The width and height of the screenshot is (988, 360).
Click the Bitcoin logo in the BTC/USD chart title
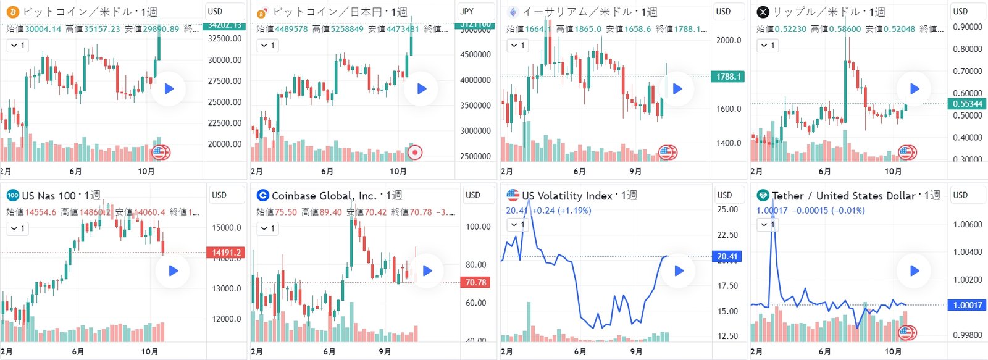coord(12,12)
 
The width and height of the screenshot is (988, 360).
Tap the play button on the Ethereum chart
coord(677,88)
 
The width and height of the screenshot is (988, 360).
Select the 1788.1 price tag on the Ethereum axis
coord(729,77)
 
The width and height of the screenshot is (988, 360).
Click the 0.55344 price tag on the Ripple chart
coord(967,104)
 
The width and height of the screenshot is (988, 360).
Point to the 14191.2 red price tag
coord(227,253)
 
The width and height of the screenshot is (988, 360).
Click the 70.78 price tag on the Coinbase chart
coord(476,282)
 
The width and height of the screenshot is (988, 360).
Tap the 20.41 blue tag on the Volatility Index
coord(727,256)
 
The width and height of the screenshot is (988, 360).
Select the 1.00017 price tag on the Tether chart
coord(967,305)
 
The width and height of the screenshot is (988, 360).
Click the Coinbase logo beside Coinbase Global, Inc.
coord(262,196)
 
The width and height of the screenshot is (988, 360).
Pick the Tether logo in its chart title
coord(763,196)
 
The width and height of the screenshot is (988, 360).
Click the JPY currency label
coord(467,11)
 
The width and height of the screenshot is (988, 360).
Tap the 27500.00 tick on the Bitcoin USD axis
coord(225,81)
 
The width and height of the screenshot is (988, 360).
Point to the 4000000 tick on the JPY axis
coord(475,80)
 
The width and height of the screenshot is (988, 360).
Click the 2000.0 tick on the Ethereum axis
coord(729,40)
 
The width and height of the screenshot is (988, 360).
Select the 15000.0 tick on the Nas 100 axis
coord(227,228)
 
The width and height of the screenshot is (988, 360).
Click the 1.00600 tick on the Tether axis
coord(967,225)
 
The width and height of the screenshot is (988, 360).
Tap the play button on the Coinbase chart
coord(427,270)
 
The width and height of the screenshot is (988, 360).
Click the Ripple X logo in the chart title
coord(763,12)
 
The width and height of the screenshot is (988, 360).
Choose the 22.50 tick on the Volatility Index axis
coord(727,235)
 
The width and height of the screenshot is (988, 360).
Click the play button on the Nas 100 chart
coord(174,270)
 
